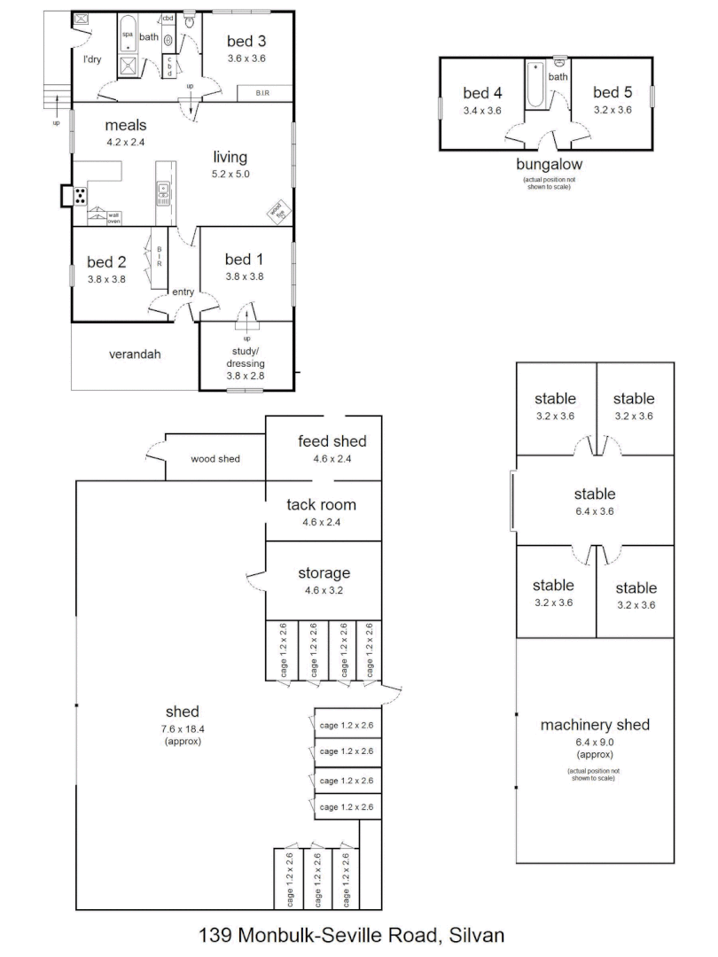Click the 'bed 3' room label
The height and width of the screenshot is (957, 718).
coord(246,41)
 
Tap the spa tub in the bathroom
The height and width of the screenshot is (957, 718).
coord(129,35)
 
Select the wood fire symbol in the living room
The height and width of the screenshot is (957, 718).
coord(277,211)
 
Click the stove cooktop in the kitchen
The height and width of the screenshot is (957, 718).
coord(81,197)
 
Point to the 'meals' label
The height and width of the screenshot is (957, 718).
coord(125,125)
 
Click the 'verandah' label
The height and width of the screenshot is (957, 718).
coord(135,354)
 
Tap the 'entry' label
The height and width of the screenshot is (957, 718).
coord(183,292)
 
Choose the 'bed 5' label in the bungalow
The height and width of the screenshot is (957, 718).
coord(612,92)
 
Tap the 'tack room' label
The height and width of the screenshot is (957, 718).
coord(321,505)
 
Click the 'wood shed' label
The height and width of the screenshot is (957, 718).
coord(215,459)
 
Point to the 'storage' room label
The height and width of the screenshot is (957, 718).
coord(324,573)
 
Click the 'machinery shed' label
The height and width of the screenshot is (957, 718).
coord(595,725)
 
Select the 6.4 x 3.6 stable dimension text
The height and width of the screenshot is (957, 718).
coord(595,511)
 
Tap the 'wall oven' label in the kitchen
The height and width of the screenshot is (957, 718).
coord(113,218)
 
